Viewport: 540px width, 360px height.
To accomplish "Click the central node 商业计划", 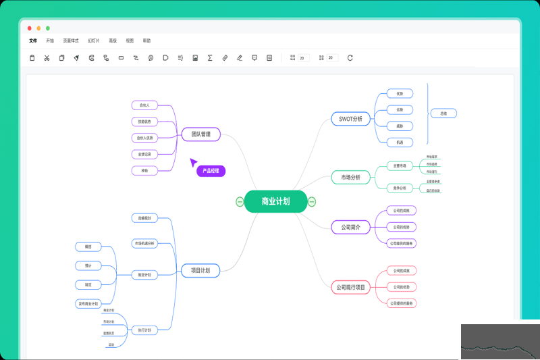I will tap(275, 201).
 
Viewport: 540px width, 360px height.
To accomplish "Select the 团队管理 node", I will tap(200, 134).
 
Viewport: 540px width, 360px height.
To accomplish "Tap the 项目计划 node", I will tap(200, 271).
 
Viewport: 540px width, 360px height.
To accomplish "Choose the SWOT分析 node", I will tap(351, 119).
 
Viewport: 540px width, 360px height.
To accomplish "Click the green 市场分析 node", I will tap(351, 178).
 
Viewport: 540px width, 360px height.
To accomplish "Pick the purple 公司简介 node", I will tap(351, 228).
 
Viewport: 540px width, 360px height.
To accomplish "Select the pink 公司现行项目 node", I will tap(351, 288).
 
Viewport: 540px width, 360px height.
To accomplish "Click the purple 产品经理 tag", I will tap(211, 172).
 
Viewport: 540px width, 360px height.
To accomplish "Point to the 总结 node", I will tap(443, 113).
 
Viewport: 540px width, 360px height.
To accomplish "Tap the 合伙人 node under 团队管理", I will tap(144, 105).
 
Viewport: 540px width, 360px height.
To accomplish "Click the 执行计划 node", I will tap(144, 330).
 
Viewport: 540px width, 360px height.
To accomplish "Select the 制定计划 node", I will tap(144, 275).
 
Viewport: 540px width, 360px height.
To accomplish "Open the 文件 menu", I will tap(33, 41).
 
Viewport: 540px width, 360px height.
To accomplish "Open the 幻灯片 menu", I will tap(93, 41).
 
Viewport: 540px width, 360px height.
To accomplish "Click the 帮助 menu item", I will tap(146, 41).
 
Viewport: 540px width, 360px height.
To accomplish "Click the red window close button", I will tap(30, 28).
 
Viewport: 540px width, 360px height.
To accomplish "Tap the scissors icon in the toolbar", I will tap(47, 58).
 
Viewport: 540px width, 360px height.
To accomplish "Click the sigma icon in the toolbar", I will tap(210, 58).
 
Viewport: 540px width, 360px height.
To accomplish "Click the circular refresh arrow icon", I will tap(350, 58).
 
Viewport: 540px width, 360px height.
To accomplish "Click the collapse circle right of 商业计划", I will tap(312, 201).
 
